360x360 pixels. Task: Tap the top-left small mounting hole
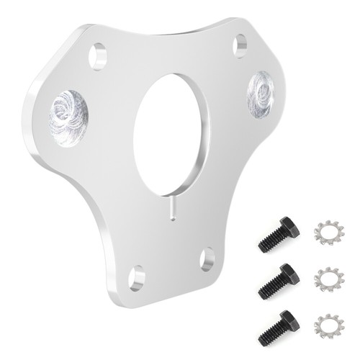coord(98,55)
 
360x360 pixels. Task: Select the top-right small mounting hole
coord(240,45)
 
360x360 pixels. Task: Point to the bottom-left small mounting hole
coord(137,277)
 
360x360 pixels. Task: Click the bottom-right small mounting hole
coord(207,258)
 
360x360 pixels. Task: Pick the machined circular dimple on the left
coord(68,117)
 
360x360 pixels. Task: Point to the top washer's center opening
coord(330,233)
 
